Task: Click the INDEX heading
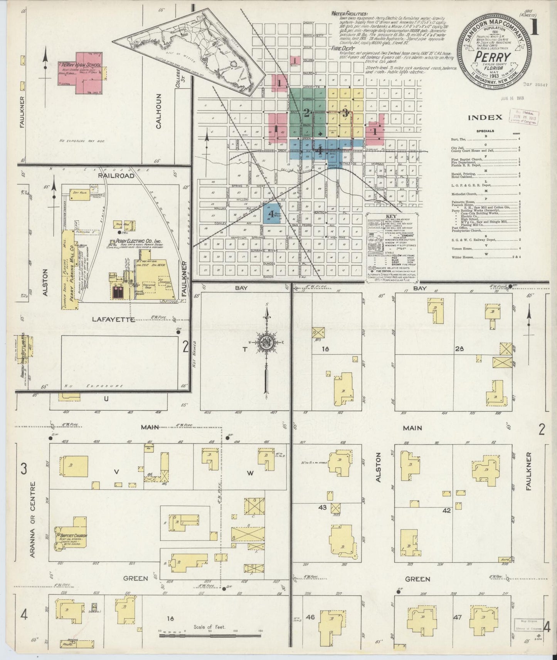[485, 117]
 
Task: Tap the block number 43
[322, 507]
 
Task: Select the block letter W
[250, 473]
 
